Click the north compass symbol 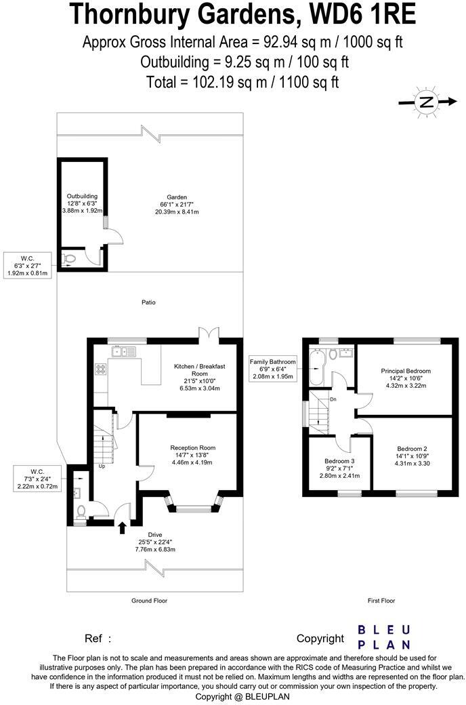[x=426, y=102]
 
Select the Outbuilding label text [x=81, y=203]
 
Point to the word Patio [x=148, y=302]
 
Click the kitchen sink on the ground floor [x=125, y=351]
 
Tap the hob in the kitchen [x=102, y=369]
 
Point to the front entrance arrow [x=123, y=527]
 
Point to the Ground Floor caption [x=149, y=601]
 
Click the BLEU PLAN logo [x=383, y=637]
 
